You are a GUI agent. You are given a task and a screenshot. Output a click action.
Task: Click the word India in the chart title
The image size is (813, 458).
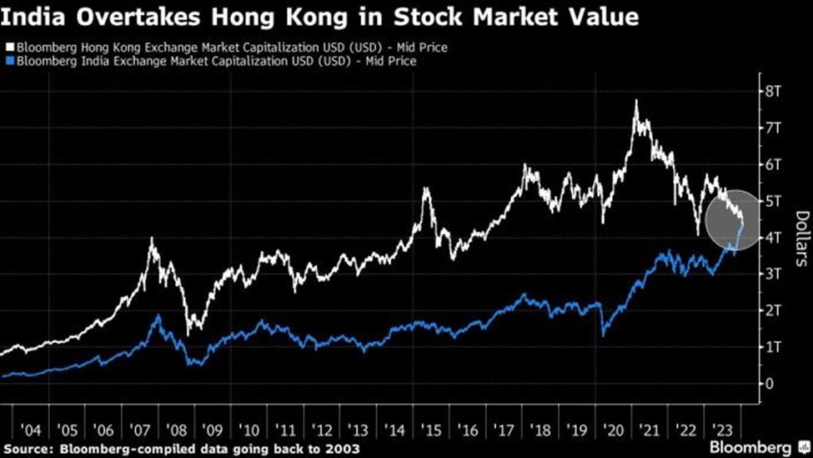29,17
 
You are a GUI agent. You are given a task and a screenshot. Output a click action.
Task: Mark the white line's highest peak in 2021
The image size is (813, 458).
636,101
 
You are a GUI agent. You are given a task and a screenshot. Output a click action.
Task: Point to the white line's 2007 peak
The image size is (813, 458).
151,239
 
